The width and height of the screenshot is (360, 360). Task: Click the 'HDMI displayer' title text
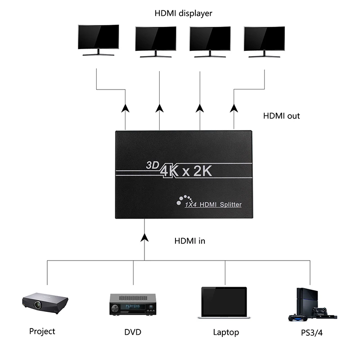(x=183, y=13)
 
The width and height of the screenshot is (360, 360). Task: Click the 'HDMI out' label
(x=281, y=116)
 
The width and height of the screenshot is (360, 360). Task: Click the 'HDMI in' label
(x=189, y=241)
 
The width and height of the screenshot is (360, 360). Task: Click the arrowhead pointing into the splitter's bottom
(x=144, y=237)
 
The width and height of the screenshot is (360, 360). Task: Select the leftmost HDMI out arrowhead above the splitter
(x=125, y=108)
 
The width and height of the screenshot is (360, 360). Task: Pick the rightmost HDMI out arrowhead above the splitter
(x=234, y=108)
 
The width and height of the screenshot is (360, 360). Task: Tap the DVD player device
(x=133, y=304)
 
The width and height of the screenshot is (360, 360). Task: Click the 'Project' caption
(x=42, y=332)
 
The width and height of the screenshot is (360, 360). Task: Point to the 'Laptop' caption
(x=226, y=333)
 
